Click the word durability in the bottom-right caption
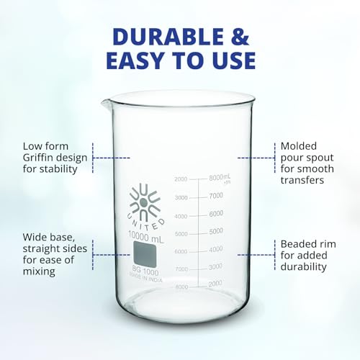(304, 266)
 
